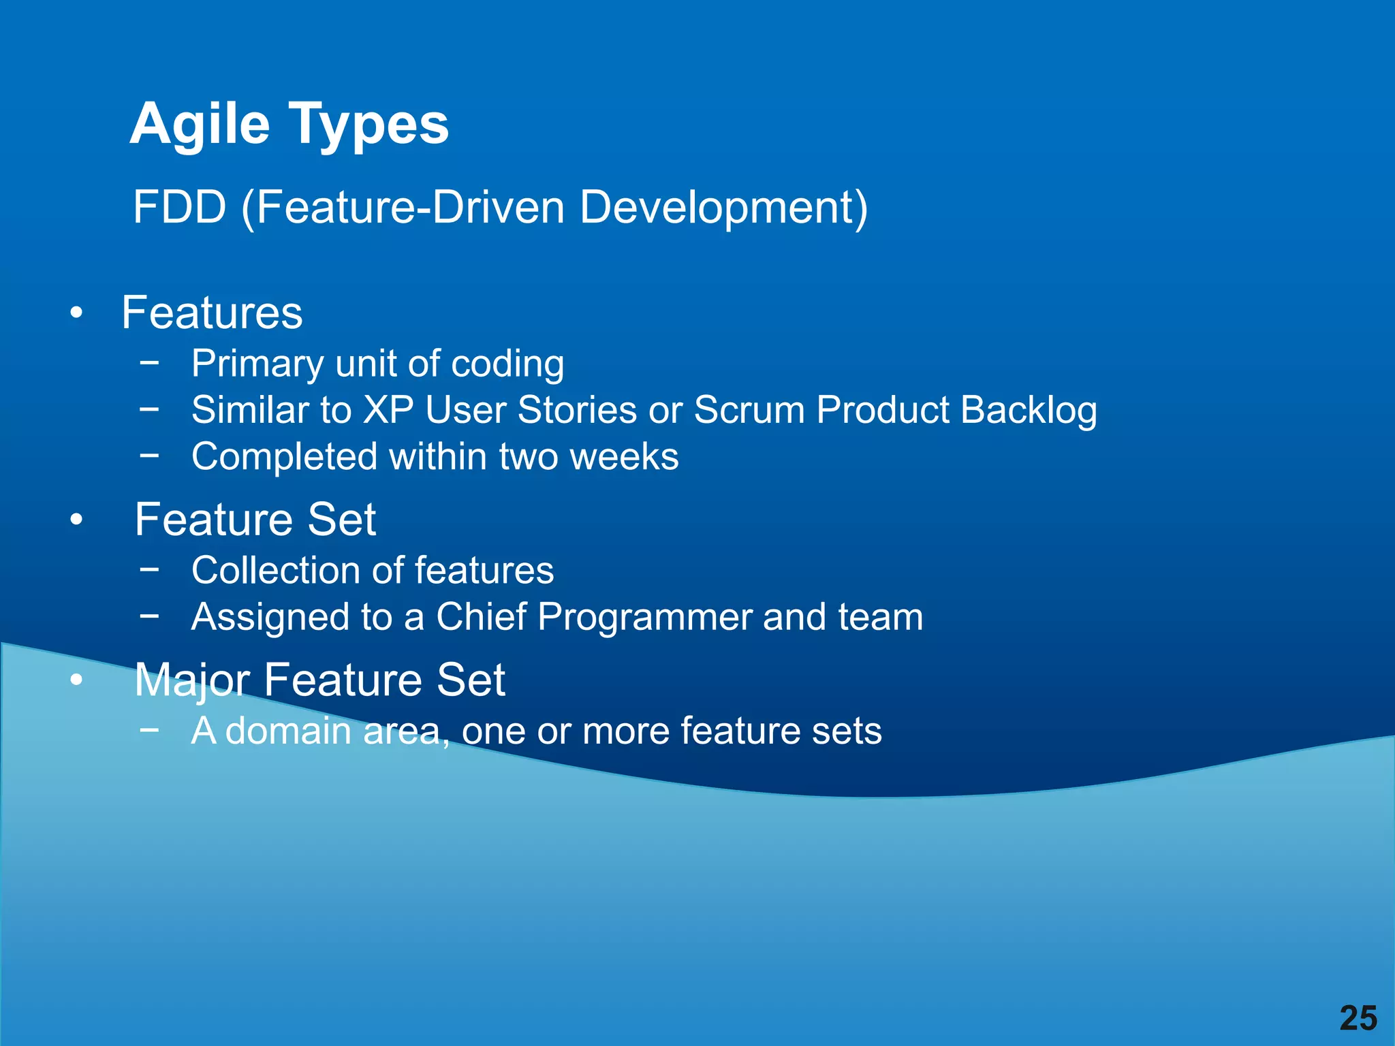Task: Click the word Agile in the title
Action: click(200, 125)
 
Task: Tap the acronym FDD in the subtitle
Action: click(179, 207)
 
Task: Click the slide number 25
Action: click(1358, 1019)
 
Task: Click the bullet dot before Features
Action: click(76, 314)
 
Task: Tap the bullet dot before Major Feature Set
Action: click(76, 680)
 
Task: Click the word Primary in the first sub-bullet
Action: click(257, 364)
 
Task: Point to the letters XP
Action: click(388, 410)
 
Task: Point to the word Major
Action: click(192, 680)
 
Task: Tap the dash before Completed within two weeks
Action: click(148, 455)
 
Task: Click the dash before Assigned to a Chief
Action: click(148, 616)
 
